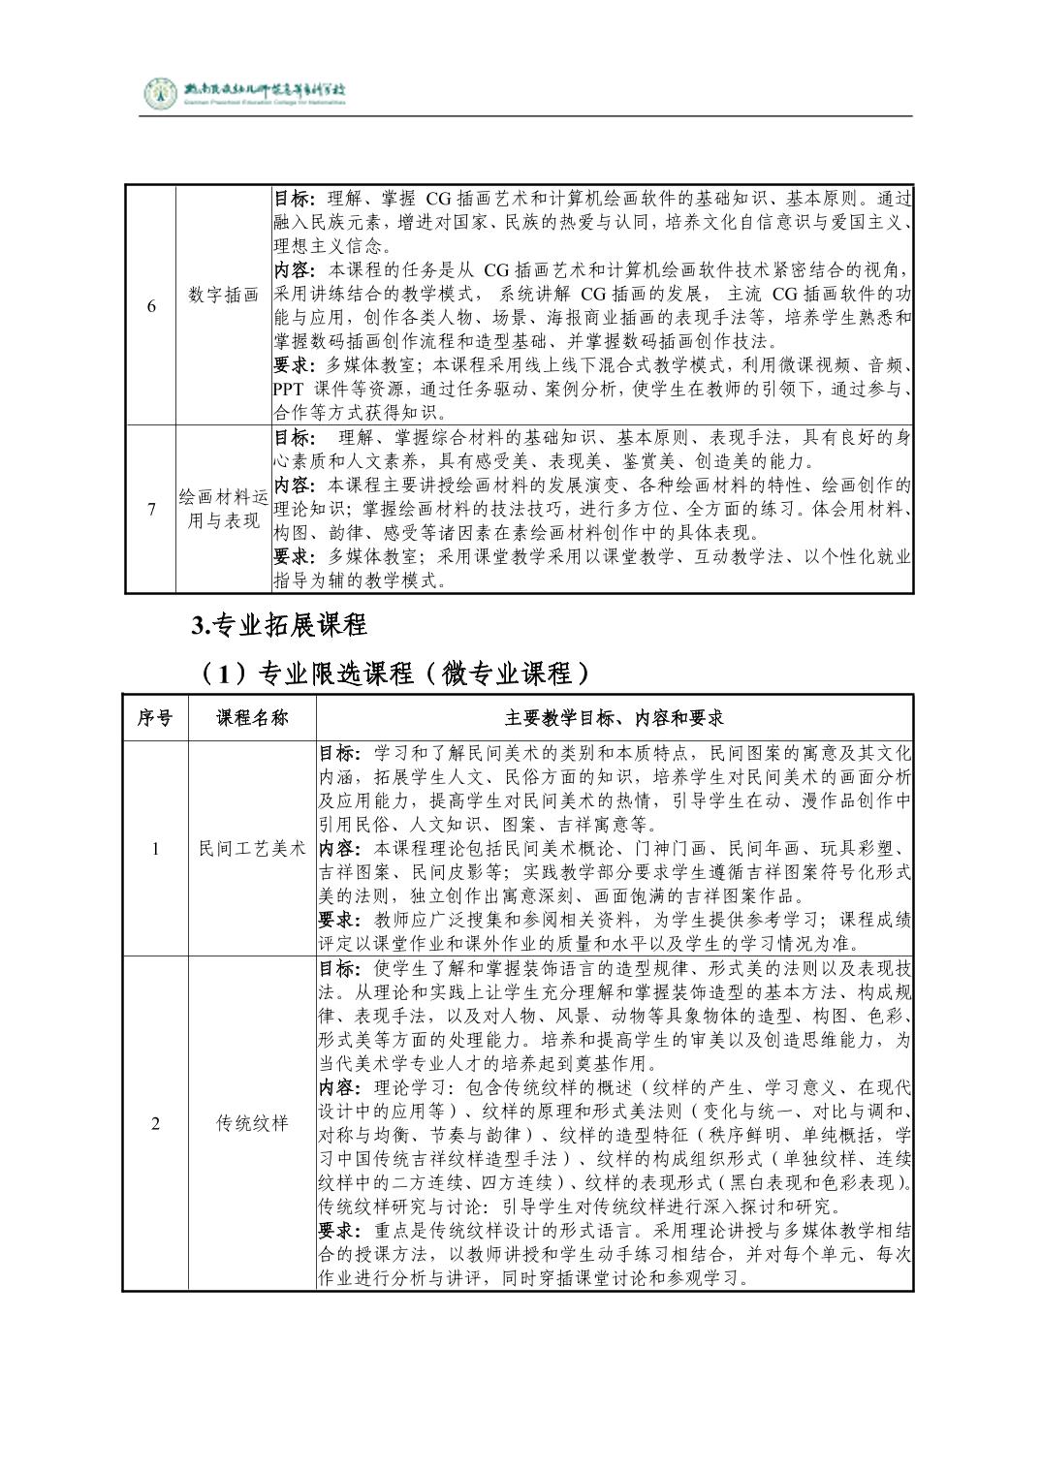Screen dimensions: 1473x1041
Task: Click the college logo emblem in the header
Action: tap(160, 93)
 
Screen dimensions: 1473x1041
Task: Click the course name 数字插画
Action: tap(224, 296)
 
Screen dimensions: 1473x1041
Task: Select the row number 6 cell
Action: tap(151, 306)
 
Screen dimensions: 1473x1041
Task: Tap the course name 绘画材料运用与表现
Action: tap(224, 509)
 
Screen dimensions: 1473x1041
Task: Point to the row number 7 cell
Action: tap(151, 509)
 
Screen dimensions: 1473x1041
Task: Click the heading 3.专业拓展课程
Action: tap(279, 626)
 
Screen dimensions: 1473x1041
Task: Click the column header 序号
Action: tap(155, 718)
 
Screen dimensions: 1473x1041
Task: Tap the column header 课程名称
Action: tap(252, 718)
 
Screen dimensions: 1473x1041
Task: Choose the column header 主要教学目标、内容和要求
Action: tap(615, 718)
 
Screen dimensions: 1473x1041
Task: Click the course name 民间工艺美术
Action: tap(252, 849)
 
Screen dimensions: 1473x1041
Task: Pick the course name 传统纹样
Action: tap(252, 1124)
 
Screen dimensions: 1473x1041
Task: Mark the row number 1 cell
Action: tap(155, 849)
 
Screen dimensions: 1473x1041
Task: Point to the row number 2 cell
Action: tap(155, 1124)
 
